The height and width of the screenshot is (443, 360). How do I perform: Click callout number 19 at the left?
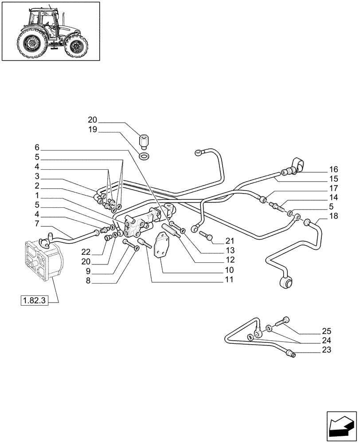pos(92,130)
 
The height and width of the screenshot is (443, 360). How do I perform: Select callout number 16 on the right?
pos(333,169)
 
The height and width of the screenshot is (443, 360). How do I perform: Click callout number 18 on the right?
pos(333,216)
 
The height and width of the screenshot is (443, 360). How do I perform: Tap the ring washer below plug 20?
pos(144,156)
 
